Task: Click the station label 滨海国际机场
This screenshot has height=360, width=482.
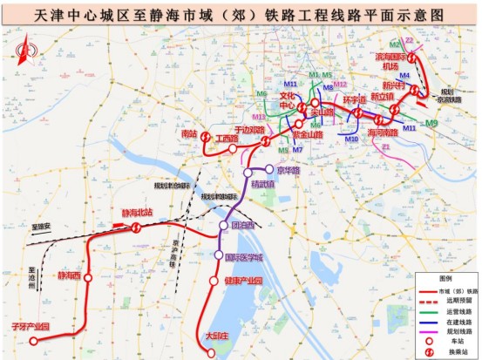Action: coord(392,61)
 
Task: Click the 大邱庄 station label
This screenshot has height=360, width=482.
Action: coord(216,335)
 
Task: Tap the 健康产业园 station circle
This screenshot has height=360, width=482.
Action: coord(214,281)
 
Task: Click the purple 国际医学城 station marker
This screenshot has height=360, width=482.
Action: coord(219,255)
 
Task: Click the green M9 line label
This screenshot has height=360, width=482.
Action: coord(431,125)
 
